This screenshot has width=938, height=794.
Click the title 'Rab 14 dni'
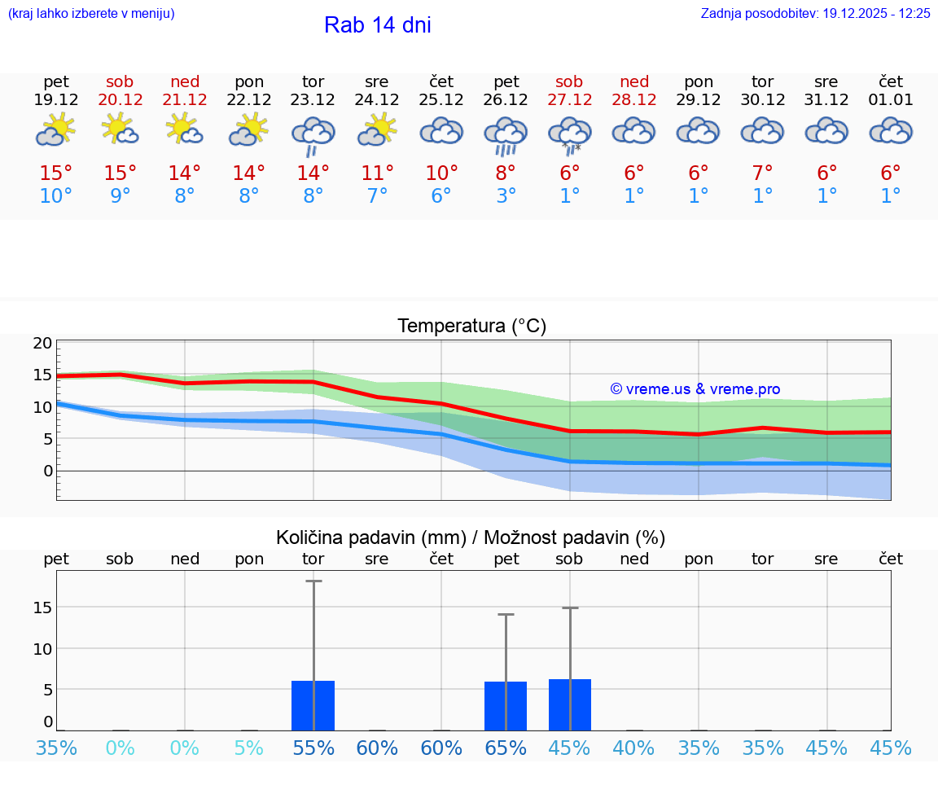pos(377,25)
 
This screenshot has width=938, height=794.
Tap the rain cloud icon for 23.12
pos(313,134)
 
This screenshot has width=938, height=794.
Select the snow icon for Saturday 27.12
pos(570,134)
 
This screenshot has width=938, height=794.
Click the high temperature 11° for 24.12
pos(377,173)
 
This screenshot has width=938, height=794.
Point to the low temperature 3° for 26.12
pos(506,196)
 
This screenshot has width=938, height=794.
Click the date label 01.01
pos(891,100)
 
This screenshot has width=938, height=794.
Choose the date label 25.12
pos(441,100)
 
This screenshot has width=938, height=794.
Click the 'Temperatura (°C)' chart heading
pos(471,327)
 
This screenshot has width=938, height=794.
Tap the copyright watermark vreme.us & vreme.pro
pos(695,389)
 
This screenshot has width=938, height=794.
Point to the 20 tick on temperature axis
pos(42,343)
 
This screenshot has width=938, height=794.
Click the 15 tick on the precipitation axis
pos(42,608)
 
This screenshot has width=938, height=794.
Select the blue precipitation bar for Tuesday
pos(313,705)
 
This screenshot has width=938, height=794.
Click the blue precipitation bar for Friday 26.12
pos(506,706)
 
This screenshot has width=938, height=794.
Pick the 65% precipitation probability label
pos(506,748)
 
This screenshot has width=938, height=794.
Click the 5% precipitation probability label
pos(249,748)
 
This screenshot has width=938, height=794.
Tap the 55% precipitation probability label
pos(313,748)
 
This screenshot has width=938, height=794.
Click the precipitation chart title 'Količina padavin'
pos(471,537)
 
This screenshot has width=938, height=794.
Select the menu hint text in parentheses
pos(91,14)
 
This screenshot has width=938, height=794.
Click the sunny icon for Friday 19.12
pos(55,130)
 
